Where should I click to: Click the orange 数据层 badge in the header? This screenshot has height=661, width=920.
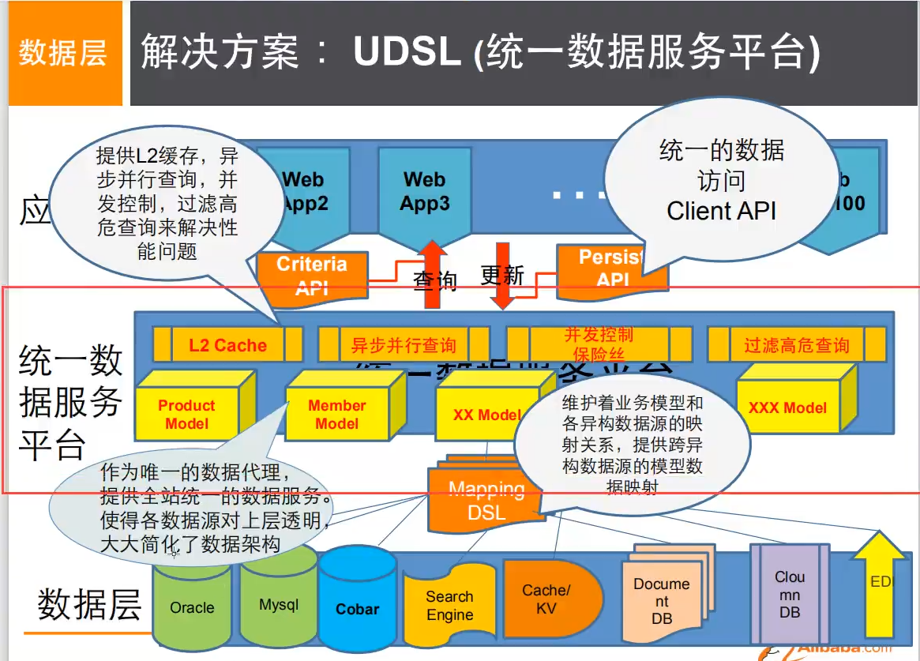tap(62, 54)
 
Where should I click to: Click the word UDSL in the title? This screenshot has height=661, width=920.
tap(407, 52)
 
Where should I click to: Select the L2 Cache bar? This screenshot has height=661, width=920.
tap(227, 344)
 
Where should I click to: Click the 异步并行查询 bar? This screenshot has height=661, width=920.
tap(403, 345)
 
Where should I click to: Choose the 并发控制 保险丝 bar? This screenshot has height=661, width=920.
tap(599, 344)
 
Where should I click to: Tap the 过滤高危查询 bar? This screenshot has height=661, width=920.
tap(796, 344)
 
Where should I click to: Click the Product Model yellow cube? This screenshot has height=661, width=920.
tap(187, 414)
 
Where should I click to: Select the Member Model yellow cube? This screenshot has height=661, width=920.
tap(337, 414)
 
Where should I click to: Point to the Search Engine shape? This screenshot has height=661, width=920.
tap(449, 606)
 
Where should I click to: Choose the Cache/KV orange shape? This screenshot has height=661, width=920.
tap(547, 599)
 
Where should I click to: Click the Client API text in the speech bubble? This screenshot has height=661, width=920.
tap(721, 211)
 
